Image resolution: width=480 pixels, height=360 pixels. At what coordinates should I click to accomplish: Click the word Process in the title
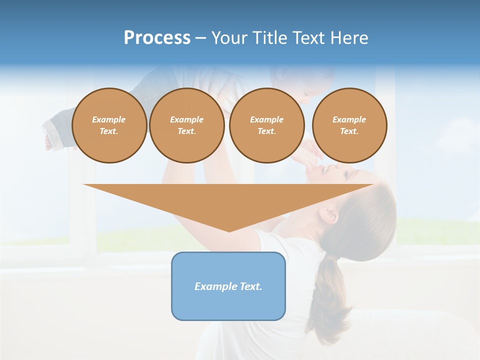tap(157, 38)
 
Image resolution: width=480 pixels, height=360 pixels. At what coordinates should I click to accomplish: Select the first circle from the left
tap(109, 125)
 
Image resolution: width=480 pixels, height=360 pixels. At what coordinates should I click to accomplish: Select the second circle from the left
tap(186, 125)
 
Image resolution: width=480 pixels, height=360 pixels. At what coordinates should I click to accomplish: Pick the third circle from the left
tap(266, 125)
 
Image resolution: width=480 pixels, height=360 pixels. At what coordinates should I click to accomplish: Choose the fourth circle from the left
tap(349, 125)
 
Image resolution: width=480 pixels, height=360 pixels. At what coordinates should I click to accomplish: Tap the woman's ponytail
tap(330, 295)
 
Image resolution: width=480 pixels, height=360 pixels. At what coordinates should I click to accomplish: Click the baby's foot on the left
tap(48, 142)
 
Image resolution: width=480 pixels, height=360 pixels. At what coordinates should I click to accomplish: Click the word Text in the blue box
tap(251, 286)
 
